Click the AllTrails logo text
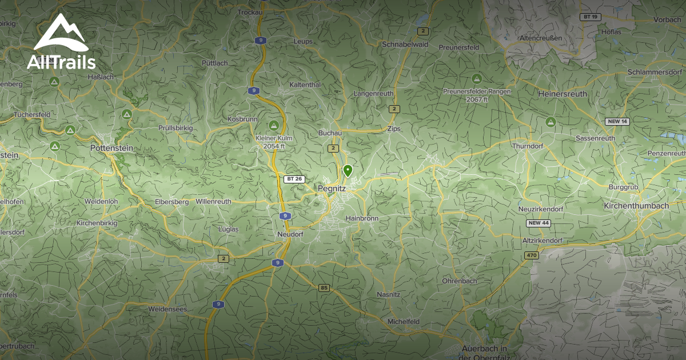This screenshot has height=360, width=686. click(61, 62)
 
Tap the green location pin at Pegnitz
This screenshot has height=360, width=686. click(347, 170)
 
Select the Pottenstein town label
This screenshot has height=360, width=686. click(111, 147)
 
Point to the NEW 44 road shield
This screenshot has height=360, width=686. click(539, 223)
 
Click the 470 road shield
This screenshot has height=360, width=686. click(531, 255)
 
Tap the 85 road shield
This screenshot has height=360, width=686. click(324, 287)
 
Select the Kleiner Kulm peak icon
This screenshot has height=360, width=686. click(274, 125)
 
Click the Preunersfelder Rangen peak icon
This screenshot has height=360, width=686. click(477, 78)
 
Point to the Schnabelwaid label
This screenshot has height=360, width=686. click(405, 44)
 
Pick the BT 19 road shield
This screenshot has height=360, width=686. click(589, 17)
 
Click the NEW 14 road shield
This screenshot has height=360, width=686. click(617, 121)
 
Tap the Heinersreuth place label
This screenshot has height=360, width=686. click(563, 93)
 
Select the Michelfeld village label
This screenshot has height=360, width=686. click(404, 322)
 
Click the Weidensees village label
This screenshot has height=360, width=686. click(167, 309)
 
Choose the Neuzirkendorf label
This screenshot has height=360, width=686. click(540, 209)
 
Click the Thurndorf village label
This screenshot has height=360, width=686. click(528, 146)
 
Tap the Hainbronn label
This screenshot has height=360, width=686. click(362, 218)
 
